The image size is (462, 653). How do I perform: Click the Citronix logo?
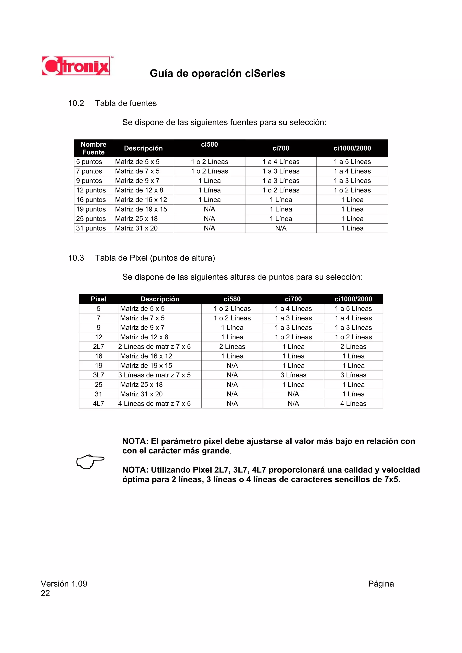tap(76, 66)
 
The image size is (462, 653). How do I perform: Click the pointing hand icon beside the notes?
tap(90, 461)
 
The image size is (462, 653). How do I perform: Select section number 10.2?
tap(76, 103)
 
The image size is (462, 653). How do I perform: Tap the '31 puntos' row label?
tap(91, 228)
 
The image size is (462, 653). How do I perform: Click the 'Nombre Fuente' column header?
tap(93, 148)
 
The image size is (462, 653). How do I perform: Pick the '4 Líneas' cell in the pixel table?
tap(353, 403)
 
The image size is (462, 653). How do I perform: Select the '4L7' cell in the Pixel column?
tap(99, 403)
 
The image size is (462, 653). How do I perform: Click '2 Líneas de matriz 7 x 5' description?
tap(155, 346)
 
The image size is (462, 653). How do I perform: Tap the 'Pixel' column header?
tap(99, 299)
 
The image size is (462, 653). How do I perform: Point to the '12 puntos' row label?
tap(91, 190)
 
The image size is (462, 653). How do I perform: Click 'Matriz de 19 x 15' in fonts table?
tap(141, 209)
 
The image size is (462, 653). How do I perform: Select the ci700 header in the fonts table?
tap(281, 148)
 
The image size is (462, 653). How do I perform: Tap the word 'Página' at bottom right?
tap(381, 584)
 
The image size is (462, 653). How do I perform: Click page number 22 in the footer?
tap(45, 593)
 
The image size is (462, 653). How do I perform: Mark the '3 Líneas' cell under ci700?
tap(293, 375)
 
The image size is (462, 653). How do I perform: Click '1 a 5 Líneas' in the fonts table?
tap(352, 162)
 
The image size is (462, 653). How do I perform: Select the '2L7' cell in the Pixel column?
tap(99, 346)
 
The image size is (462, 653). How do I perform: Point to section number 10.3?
tap(76, 258)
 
